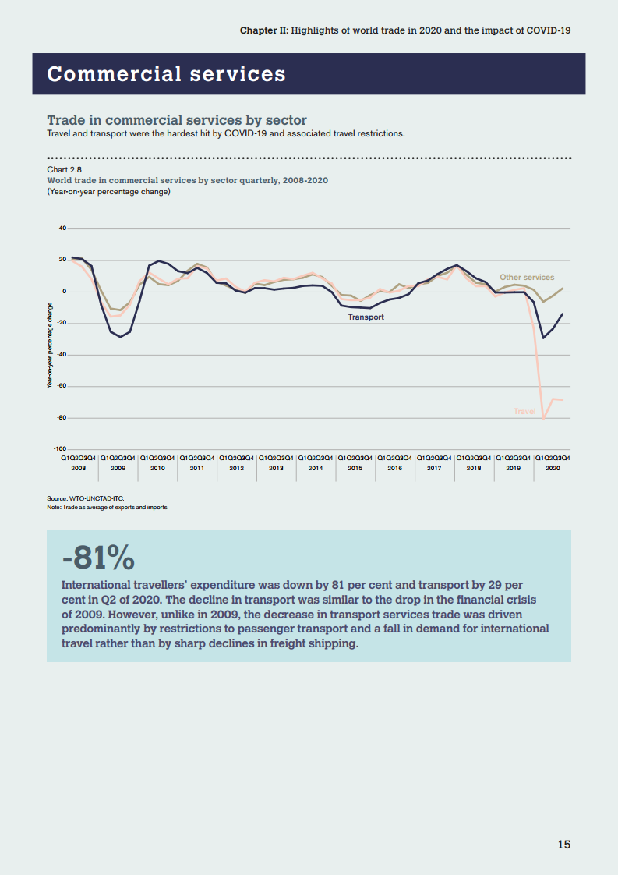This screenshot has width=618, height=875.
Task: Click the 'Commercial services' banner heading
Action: coord(166,74)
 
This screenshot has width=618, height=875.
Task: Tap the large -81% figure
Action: coord(98,558)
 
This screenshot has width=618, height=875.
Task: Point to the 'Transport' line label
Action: coord(366,317)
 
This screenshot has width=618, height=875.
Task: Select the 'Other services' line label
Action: coord(527,278)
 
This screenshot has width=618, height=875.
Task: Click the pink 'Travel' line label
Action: coord(524,411)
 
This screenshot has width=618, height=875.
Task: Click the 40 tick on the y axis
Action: coord(62,228)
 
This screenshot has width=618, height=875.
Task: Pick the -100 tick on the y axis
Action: coord(60,448)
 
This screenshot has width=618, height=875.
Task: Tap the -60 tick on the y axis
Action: coord(62,386)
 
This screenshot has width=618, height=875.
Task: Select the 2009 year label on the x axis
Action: coord(118,468)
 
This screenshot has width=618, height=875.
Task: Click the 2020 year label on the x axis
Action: coord(553,468)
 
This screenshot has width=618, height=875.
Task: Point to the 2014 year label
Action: coord(316,468)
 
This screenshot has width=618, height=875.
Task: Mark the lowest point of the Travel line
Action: coord(543,420)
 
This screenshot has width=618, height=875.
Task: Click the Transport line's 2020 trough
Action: coord(543,338)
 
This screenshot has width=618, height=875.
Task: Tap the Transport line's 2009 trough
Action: coord(120,337)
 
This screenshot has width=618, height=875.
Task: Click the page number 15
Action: coord(563,845)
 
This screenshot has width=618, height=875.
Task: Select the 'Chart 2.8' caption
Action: coord(65,169)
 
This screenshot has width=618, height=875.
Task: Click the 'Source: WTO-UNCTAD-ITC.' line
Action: coord(86,498)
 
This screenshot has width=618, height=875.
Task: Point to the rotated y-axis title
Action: coord(50,345)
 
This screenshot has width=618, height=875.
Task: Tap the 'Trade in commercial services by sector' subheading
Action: coord(177,120)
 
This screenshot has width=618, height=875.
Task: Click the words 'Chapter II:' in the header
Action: coord(264,30)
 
